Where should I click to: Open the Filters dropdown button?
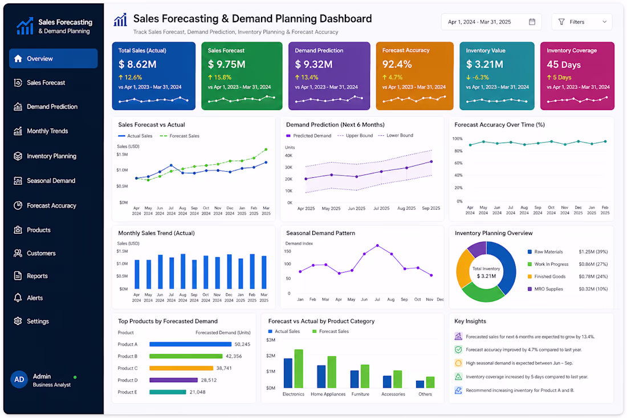point(582,22)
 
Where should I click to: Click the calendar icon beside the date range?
point(532,22)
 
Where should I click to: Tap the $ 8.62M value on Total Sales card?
point(137,64)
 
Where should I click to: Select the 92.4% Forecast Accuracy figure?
point(397,64)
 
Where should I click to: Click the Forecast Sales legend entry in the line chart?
point(180,136)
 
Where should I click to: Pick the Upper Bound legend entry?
point(355,136)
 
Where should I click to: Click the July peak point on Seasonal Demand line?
point(377,246)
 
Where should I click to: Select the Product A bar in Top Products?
point(190,344)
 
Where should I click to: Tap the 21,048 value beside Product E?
point(198,392)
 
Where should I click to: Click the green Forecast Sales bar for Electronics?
point(299,368)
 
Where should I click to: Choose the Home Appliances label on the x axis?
point(328,394)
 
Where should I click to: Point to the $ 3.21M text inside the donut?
point(486,276)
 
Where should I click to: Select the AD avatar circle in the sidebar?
point(19,380)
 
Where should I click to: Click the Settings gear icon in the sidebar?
point(18,321)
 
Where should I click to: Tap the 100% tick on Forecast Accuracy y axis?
point(458,139)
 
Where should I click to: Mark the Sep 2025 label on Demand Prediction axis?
point(431,208)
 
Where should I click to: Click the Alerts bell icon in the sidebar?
point(18,298)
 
